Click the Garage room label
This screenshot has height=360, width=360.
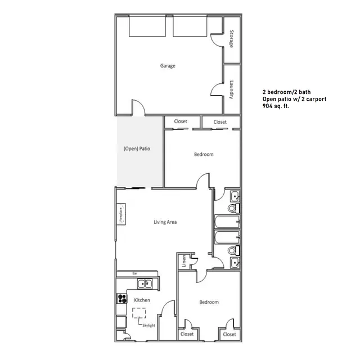168,66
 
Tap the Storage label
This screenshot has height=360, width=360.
231,38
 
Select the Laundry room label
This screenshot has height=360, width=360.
231,89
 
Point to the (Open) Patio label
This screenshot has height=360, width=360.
140,149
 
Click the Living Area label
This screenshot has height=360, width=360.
165,222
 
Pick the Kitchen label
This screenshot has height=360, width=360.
142,300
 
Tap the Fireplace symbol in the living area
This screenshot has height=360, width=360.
120,214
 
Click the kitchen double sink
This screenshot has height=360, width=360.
145,284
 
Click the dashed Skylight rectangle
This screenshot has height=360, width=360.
139,314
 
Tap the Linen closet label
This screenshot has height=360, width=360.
184,262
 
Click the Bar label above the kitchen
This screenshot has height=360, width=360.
135,274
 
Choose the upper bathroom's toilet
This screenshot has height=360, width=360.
231,209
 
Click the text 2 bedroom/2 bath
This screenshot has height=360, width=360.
286,91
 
